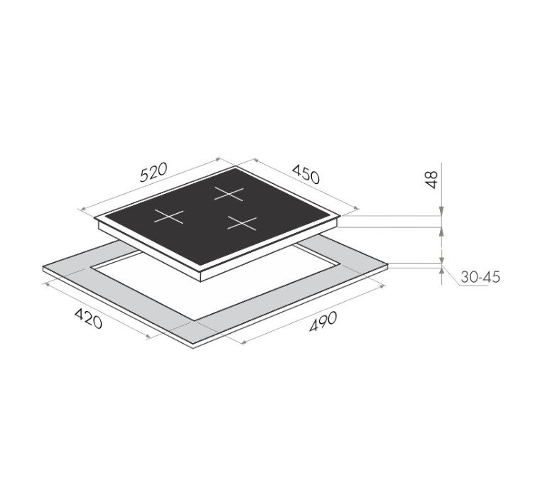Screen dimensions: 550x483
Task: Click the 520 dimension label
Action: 153,172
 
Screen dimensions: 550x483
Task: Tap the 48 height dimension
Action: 432,180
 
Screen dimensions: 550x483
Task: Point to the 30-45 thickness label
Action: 480,277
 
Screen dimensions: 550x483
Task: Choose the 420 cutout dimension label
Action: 88,319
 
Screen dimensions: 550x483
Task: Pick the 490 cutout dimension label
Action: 323,322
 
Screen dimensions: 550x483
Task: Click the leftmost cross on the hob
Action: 168,217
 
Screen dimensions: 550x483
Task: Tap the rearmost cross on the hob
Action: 229,194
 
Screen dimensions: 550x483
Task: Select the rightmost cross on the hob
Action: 242,223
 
